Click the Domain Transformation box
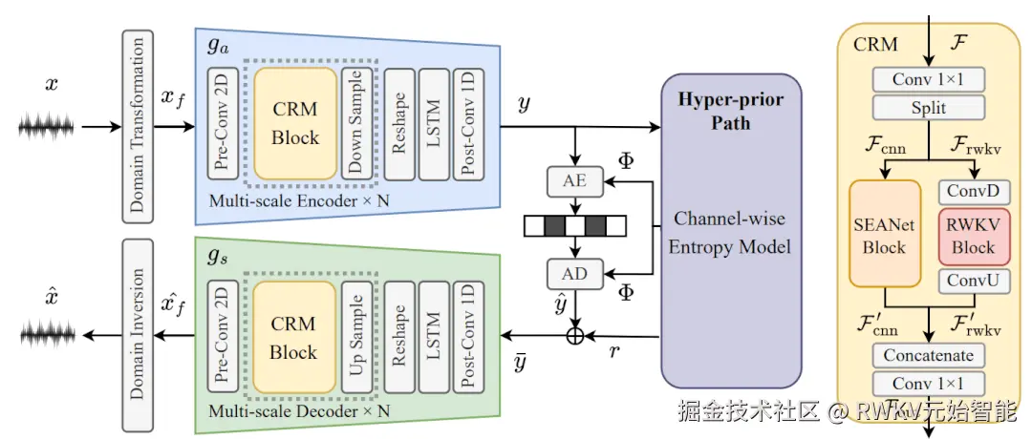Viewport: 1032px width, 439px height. click(x=140, y=123)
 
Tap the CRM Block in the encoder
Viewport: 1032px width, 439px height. click(x=295, y=124)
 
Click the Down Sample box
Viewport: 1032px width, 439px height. click(x=356, y=123)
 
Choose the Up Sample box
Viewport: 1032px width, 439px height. click(x=358, y=339)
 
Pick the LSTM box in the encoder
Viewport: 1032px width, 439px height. click(x=433, y=123)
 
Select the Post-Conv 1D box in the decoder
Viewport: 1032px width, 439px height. click(x=468, y=339)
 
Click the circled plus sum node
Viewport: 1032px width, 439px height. click(x=575, y=335)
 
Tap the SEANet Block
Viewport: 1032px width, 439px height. click(x=884, y=235)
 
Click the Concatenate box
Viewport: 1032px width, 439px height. click(x=929, y=356)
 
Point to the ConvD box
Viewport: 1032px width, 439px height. click(x=973, y=191)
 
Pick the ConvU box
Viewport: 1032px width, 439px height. click(x=973, y=281)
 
